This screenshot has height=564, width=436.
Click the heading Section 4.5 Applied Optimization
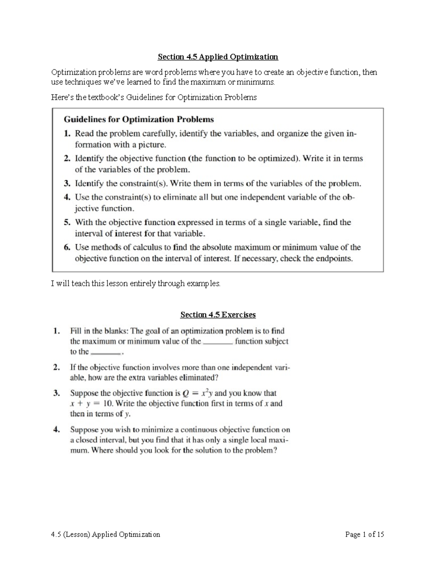(x=218, y=57)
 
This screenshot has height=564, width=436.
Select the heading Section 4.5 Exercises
(x=218, y=315)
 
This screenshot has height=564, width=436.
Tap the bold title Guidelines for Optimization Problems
(x=139, y=119)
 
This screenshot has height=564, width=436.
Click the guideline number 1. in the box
(x=67, y=134)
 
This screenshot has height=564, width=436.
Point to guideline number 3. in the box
(x=67, y=184)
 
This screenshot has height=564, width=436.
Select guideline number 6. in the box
(x=67, y=248)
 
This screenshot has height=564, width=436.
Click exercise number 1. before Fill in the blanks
(x=56, y=331)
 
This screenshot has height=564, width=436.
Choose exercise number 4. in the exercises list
(x=56, y=430)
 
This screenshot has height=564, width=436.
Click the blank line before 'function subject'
(x=218, y=343)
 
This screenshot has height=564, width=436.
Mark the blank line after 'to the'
(x=105, y=353)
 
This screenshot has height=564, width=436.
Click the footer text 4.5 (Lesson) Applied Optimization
(x=105, y=535)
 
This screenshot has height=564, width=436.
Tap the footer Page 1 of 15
(x=364, y=535)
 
